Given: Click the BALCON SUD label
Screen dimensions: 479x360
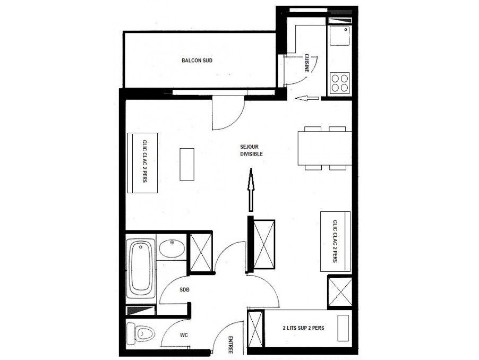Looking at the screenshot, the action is click(196, 61).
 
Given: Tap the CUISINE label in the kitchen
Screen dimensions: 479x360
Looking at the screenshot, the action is click(306, 63).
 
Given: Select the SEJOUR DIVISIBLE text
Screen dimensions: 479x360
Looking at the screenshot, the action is click(251, 150).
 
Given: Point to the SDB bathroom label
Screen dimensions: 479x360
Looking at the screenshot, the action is click(184, 289).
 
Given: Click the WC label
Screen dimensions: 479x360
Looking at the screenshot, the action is click(184, 335).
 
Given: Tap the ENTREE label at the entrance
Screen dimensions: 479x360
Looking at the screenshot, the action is click(230, 345).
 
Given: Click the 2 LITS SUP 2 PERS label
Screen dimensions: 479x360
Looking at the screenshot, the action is click(303, 328).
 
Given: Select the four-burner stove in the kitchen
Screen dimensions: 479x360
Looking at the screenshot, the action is click(340, 83).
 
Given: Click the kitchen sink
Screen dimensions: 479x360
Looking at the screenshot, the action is click(339, 36).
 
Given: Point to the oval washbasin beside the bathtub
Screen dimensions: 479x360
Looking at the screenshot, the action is click(172, 248).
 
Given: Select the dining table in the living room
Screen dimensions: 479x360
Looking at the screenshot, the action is click(324, 148).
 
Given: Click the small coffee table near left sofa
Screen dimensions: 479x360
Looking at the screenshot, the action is click(187, 164).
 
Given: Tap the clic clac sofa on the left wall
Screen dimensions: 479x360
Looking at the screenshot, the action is click(142, 163).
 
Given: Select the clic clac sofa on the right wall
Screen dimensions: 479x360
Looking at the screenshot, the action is click(335, 241).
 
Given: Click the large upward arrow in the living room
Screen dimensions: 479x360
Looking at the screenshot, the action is click(251, 190).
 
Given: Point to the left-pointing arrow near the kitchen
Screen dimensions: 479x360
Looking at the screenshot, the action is click(307, 98).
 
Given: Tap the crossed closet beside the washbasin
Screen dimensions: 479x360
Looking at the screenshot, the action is click(201, 253).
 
